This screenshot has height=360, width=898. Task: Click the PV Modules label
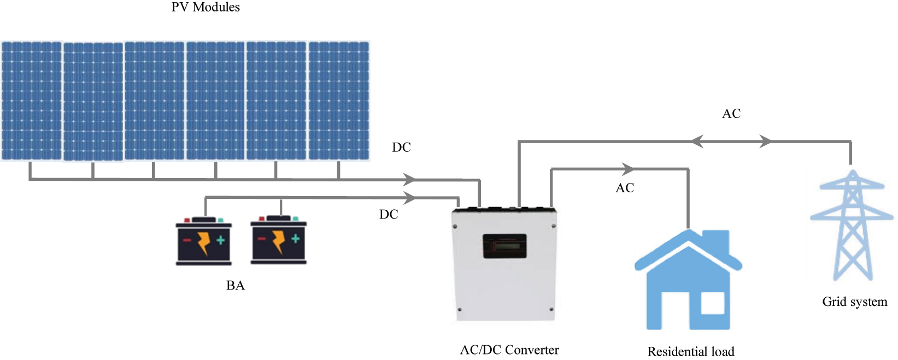[206, 7]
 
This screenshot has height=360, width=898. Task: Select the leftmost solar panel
[32, 101]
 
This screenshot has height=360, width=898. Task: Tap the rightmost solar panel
[339, 101]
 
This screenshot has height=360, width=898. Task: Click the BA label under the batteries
[236, 286]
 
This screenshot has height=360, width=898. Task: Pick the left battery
[204, 241]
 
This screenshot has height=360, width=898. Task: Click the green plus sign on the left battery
[220, 240]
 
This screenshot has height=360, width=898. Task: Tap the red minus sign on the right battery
[262, 239]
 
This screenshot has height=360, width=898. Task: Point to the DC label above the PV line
[401, 147]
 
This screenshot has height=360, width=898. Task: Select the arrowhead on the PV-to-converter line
[409, 179]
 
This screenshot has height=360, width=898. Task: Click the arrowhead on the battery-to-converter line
[409, 197]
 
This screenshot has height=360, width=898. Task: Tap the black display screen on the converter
[504, 246]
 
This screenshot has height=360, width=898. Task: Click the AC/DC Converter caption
[509, 350]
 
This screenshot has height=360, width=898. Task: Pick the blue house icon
[688, 281]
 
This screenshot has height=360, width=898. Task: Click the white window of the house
[712, 304]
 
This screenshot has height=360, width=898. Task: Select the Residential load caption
[691, 352]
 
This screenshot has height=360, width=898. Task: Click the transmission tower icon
[852, 225]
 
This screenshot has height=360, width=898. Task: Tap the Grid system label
[855, 302]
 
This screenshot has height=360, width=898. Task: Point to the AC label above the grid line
[731, 114]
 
